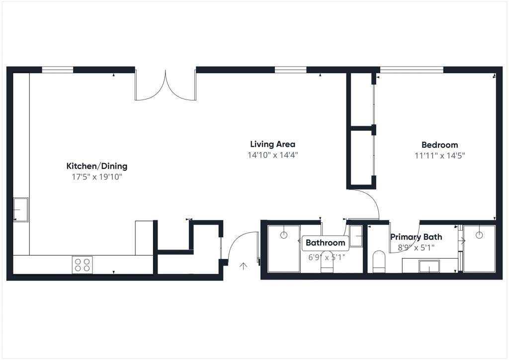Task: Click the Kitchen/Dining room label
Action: tap(97, 166)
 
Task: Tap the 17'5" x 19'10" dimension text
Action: tap(97, 177)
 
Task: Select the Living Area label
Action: tap(273, 145)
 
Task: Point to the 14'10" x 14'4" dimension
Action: tap(273, 155)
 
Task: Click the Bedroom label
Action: tap(439, 145)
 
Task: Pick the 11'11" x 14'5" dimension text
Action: tap(439, 156)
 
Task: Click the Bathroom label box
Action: tap(325, 243)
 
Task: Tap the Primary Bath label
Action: tap(416, 237)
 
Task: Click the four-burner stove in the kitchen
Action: tap(82, 265)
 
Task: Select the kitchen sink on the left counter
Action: tap(20, 210)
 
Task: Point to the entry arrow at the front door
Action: tap(243, 266)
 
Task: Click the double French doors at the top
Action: tap(166, 85)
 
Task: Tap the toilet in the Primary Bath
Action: tap(378, 262)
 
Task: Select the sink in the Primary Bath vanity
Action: tap(429, 266)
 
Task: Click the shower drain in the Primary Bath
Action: tap(479, 235)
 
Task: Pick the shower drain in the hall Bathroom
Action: tap(284, 235)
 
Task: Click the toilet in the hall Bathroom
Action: tap(327, 265)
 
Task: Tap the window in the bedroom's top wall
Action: tap(412, 70)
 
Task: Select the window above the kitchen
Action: tap(58, 70)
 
